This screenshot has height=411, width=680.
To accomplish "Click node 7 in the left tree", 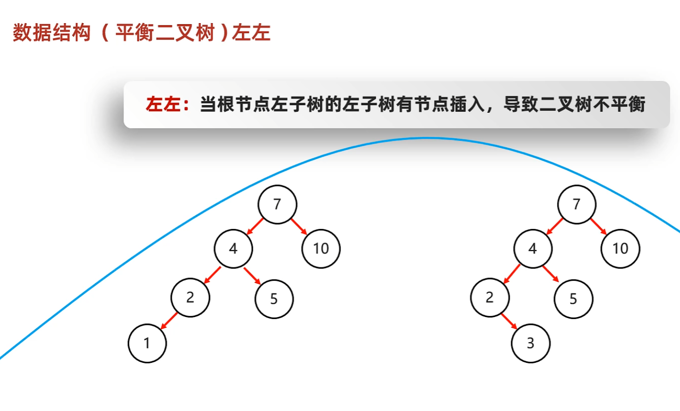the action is coord(277,204).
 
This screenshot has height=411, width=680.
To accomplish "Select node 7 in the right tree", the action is coord(576,204).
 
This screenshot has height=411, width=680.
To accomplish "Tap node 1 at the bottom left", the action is coord(147,343).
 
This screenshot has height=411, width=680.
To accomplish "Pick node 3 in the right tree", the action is coord(530,343).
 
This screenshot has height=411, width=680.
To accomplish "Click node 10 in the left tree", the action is coord(321,249).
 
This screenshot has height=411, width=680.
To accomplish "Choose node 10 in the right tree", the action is coord(620,249).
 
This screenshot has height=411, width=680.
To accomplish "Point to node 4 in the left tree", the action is coord(233,249).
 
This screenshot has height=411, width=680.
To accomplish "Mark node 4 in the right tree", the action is coord(532,249).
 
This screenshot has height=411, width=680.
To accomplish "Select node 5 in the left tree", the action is coord(274,299).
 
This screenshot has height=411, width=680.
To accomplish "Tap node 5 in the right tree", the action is coord(573,299).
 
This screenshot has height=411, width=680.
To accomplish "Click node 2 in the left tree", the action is coord(190,297).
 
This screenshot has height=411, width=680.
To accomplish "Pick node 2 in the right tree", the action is coord(490,297).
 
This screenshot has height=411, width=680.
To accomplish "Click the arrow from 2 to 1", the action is coord(169,321).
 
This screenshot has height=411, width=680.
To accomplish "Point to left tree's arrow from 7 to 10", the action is coord(299,226).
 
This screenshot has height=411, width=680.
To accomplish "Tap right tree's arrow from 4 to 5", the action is coord(550,273).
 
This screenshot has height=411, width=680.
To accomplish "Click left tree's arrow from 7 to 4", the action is coord(255,226).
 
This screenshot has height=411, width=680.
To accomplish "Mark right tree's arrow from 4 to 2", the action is coord(511,273).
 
